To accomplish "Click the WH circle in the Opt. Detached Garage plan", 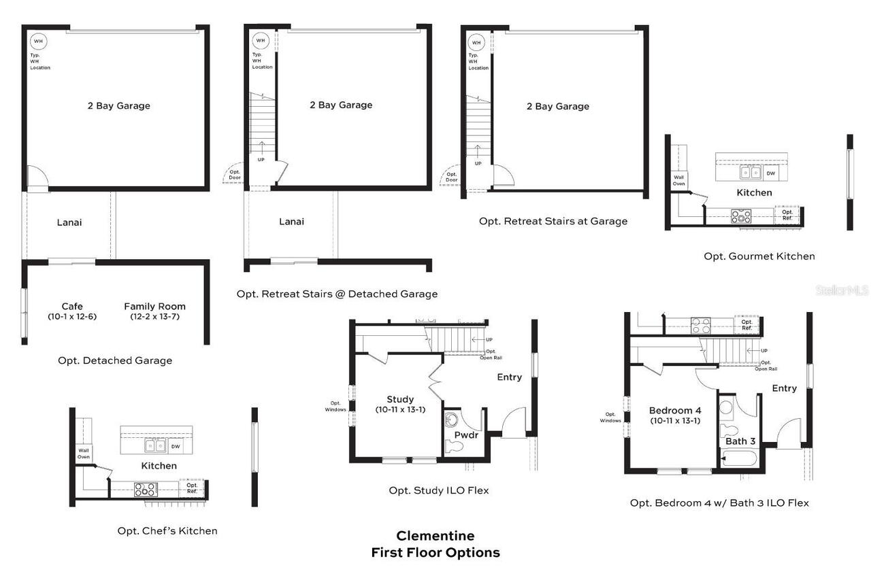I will [37, 41].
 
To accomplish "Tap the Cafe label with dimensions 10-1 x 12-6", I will [72, 311].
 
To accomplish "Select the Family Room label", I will [154, 311].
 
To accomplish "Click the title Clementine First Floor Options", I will [435, 544].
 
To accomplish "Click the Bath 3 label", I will [740, 441].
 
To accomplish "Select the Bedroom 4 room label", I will [674, 415].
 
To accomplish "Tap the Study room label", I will [400, 404].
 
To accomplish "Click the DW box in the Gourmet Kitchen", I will [770, 173].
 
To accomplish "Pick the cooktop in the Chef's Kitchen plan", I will [146, 488].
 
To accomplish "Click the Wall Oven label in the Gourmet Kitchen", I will [678, 180].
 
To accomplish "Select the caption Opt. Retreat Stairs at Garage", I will [553, 221].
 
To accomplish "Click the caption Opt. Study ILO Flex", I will [438, 490].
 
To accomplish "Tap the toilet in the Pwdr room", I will [454, 446].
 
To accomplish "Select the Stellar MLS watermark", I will [842, 290].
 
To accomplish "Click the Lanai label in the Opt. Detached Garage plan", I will [69, 222].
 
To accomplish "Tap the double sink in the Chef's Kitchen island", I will [154, 446].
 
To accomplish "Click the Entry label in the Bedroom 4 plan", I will [784, 388].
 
